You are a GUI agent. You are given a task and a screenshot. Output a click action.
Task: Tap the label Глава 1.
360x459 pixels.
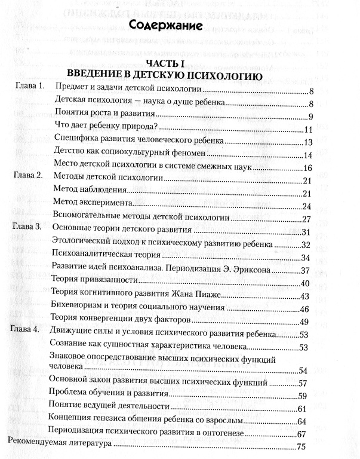click(29, 87)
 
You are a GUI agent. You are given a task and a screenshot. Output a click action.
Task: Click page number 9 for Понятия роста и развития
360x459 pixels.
click(311, 117)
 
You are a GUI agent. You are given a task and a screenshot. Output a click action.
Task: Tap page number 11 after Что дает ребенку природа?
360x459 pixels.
click(309, 130)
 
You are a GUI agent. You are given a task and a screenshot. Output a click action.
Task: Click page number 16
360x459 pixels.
click(309, 167)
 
